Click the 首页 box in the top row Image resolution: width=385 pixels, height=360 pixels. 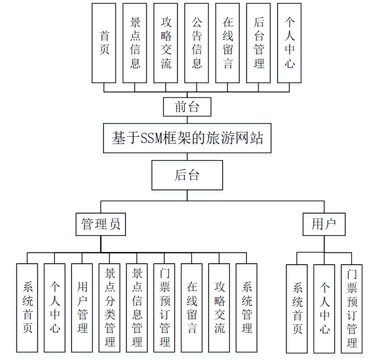click(104, 43)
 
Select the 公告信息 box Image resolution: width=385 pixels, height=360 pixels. click(197, 43)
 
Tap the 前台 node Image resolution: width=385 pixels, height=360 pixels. click(187, 107)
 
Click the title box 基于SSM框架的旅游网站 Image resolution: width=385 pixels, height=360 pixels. click(187, 138)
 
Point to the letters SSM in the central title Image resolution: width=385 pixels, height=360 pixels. click(153, 139)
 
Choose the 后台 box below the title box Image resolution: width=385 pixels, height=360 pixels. click(187, 175)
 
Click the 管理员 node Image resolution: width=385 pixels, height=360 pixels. click(101, 224)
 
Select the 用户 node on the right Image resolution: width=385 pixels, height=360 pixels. click(324, 224)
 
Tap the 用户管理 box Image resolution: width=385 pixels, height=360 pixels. click(82, 307)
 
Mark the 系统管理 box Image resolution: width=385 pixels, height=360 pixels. click(246, 307)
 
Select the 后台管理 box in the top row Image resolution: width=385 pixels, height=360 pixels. click(259, 43)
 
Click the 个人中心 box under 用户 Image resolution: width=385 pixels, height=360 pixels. click(324, 308)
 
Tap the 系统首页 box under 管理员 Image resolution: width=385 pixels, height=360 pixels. click(27, 307)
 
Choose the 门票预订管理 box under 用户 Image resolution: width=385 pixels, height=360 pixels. click(351, 308)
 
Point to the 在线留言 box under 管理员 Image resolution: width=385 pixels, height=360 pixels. click(192, 307)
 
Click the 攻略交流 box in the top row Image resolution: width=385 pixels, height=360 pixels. click(166, 43)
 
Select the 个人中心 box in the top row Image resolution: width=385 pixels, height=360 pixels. click(290, 43)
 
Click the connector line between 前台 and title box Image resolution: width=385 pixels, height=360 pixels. click(187, 120)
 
